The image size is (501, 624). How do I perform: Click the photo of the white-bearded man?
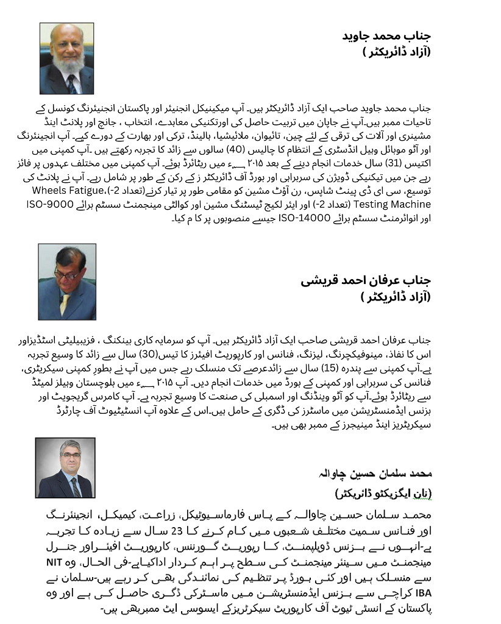click(66, 58)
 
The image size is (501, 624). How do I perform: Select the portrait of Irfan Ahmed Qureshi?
click(67, 282)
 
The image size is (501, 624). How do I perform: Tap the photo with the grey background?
click(65, 468)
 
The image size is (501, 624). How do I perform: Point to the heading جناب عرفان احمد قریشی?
click(366, 281)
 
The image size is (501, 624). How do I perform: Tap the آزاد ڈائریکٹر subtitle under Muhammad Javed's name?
click(396, 52)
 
